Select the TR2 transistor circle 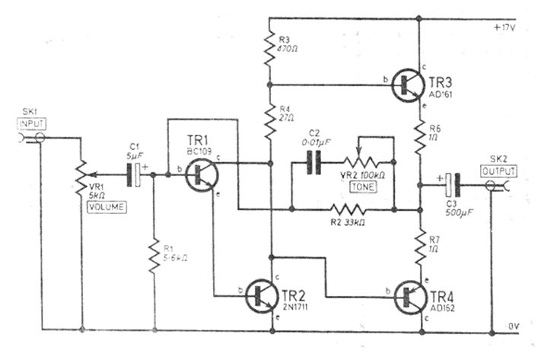(x=269, y=291)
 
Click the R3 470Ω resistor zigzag (x=269, y=47)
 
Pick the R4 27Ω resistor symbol (x=269, y=119)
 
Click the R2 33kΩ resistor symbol (x=345, y=208)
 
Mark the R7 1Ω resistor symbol (x=421, y=244)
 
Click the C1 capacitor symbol (x=135, y=175)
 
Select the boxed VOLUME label (x=109, y=205)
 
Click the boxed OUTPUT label (x=498, y=170)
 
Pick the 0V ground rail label (x=514, y=326)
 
